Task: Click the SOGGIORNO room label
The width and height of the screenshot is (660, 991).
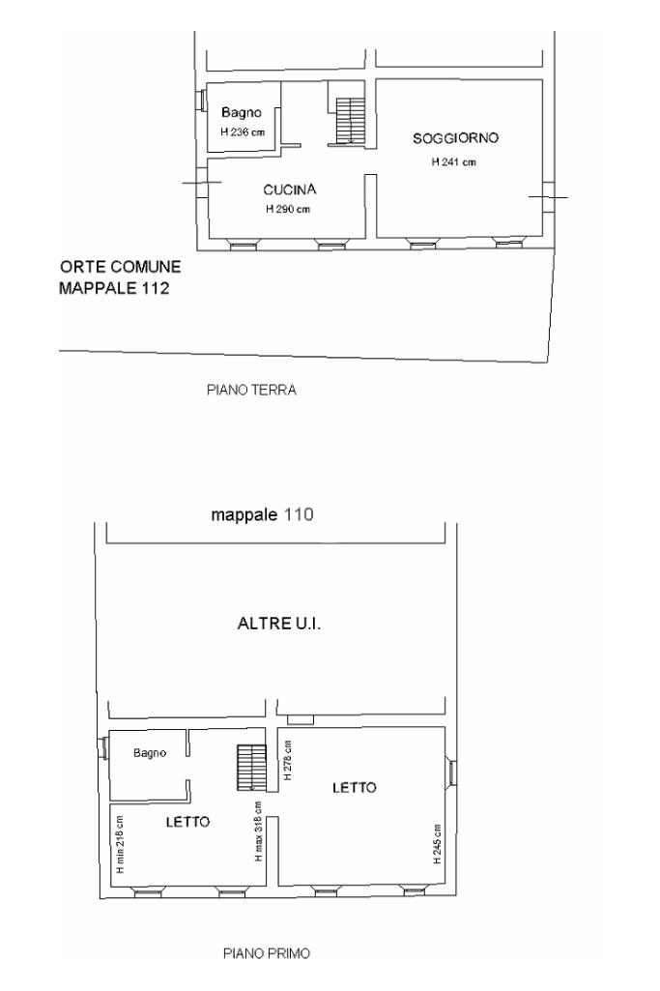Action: point(455,138)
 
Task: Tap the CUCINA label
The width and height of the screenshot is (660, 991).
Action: point(289,189)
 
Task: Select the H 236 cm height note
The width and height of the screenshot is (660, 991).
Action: point(243,132)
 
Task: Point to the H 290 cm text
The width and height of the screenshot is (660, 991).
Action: point(288,209)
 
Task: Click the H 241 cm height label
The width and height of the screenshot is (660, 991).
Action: point(453,161)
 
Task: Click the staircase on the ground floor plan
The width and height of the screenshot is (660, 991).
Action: point(351,120)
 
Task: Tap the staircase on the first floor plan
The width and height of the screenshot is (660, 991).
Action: point(252,768)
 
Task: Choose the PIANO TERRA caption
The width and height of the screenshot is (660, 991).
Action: point(251,390)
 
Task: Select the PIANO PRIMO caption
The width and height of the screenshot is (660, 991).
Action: point(267,953)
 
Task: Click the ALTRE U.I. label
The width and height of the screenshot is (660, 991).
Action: point(279,624)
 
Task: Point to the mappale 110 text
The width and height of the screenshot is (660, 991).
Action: point(262,514)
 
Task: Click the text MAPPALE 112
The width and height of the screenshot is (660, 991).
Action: point(114,288)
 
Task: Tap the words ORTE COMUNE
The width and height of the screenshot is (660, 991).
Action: point(120,267)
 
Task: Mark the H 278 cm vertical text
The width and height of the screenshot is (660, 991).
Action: point(288,760)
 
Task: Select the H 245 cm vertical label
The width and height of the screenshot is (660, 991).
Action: point(437,844)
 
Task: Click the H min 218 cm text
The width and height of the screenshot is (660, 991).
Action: point(120,844)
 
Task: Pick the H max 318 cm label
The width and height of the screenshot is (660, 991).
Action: point(258,831)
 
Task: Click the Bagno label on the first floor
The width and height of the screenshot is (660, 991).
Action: point(150,753)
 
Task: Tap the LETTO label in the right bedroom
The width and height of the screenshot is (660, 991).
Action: point(355,788)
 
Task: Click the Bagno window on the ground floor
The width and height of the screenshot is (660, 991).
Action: point(201,100)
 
